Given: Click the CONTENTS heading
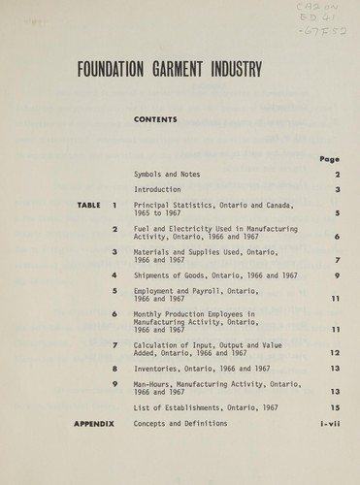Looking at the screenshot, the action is pyautogui.click(x=155, y=120).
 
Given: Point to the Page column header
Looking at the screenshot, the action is pyautogui.click(x=329, y=159).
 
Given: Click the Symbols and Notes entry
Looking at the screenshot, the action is pyautogui.click(x=167, y=175).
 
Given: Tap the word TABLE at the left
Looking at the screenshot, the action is pyautogui.click(x=90, y=206).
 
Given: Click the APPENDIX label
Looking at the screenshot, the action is pyautogui.click(x=94, y=424).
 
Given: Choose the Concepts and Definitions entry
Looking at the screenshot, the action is pyautogui.click(x=180, y=424).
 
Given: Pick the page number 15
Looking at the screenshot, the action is pyautogui.click(x=334, y=408).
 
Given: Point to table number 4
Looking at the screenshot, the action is pyautogui.click(x=115, y=275).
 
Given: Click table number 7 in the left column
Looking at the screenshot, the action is pyautogui.click(x=115, y=345).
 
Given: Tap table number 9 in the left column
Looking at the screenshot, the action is pyautogui.click(x=115, y=384).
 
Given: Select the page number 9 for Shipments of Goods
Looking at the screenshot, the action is pyautogui.click(x=336, y=275).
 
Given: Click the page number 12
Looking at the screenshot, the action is pyautogui.click(x=334, y=353).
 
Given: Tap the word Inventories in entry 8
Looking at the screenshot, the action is pyautogui.click(x=158, y=369).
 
